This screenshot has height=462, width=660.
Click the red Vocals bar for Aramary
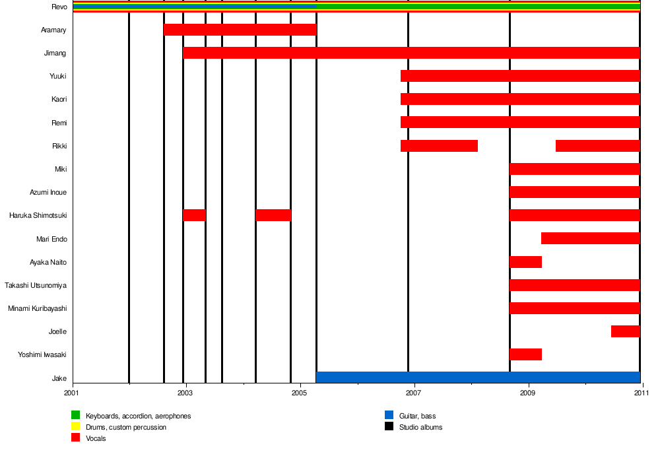point(240,30)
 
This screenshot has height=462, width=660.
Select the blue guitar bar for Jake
point(478,378)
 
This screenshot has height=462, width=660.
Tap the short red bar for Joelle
point(625,331)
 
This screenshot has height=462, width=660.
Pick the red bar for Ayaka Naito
point(525,262)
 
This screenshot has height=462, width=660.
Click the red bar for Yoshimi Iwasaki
point(525,354)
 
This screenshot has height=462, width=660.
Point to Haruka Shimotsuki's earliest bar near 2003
point(194,215)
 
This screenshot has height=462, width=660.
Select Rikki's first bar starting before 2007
point(439,146)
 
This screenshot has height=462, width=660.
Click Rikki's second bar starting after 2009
point(597,146)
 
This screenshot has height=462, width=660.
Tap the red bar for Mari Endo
point(590,238)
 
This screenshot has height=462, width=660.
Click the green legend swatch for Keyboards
point(75,416)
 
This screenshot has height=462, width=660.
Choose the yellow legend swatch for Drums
point(75,427)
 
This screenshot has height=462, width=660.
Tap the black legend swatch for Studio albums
point(389,427)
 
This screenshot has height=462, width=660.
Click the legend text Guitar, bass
point(417,416)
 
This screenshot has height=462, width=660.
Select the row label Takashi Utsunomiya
point(36,285)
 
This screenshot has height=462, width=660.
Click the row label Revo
point(59,7)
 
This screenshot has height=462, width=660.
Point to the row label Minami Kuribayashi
point(37,308)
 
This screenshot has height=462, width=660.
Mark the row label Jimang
point(55,53)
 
